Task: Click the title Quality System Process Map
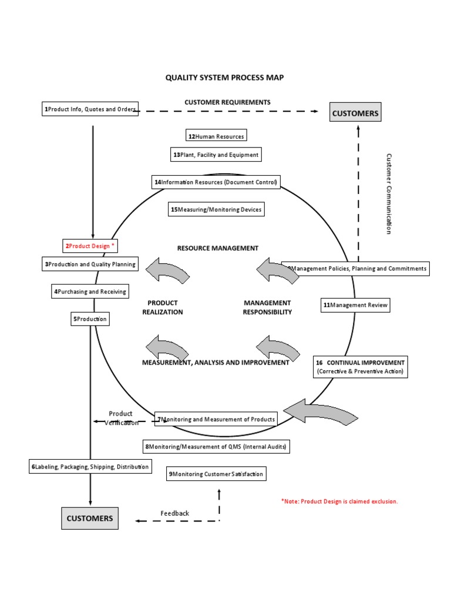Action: [224, 78]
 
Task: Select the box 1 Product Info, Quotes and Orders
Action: [90, 109]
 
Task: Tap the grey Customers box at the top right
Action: [355, 113]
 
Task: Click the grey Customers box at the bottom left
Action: [90, 519]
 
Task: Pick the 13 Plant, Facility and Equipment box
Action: [215, 155]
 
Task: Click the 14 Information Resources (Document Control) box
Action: [215, 182]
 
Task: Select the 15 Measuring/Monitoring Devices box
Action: [216, 209]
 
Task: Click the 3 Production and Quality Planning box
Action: [90, 264]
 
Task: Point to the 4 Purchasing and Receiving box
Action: [90, 291]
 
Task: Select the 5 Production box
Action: [90, 319]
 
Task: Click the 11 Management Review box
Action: [355, 305]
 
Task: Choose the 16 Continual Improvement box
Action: [361, 367]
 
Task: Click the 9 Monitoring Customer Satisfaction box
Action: [216, 474]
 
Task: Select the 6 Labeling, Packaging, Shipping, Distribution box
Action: [90, 467]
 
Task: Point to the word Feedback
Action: [175, 513]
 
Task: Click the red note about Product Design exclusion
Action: [339, 501]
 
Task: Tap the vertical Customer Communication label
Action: [388, 194]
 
